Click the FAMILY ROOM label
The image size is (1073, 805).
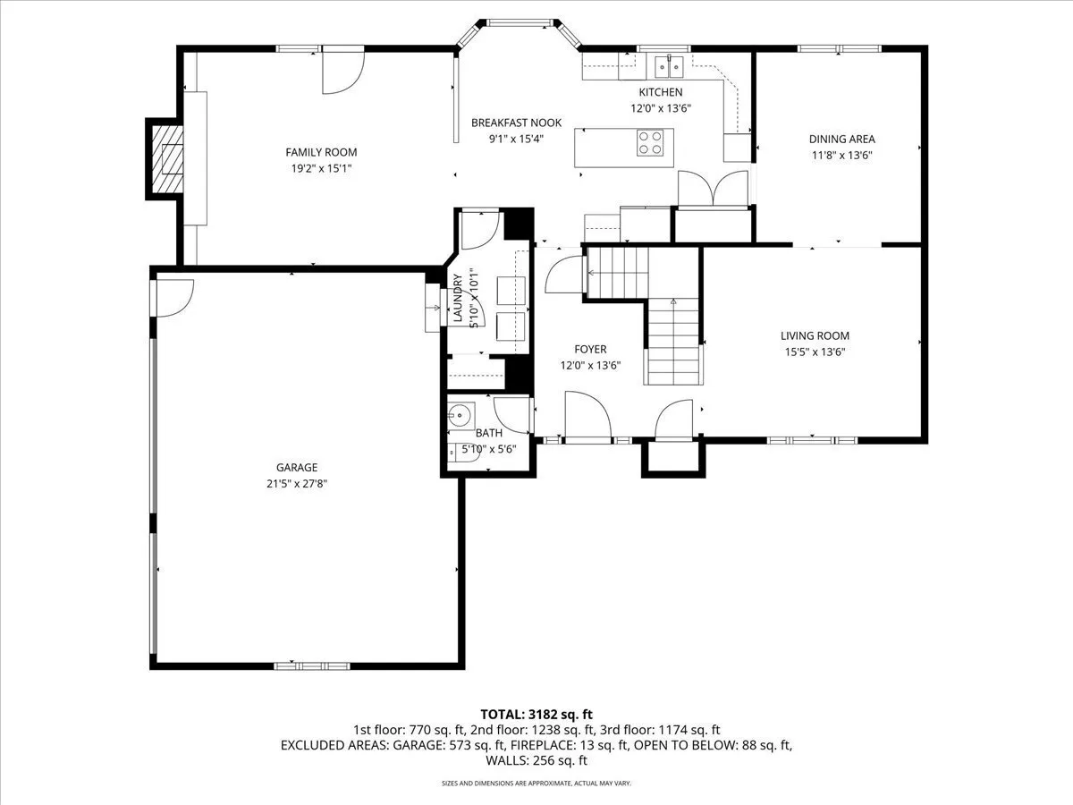tap(321, 152)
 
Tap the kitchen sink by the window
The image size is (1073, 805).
tap(669, 66)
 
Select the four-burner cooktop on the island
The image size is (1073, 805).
tap(650, 143)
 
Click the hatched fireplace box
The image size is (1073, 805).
tap(167, 159)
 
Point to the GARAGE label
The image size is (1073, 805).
tap(297, 467)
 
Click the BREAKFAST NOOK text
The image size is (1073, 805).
tap(516, 123)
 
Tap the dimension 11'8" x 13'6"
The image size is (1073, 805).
tap(841, 156)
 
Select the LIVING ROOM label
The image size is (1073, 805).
tap(815, 335)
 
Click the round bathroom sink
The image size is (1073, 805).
tap(460, 417)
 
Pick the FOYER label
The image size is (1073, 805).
tap(590, 349)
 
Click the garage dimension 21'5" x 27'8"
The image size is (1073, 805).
tap(297, 484)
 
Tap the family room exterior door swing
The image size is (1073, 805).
tap(343, 70)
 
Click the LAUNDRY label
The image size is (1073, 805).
tap(458, 298)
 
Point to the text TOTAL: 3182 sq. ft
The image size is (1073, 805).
tap(536, 715)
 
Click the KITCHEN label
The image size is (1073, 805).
tap(661, 92)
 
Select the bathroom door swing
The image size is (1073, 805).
tap(512, 416)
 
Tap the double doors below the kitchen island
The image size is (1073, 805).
tap(713, 189)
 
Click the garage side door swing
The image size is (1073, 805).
tap(174, 298)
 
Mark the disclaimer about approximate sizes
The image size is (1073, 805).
tap(536, 784)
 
